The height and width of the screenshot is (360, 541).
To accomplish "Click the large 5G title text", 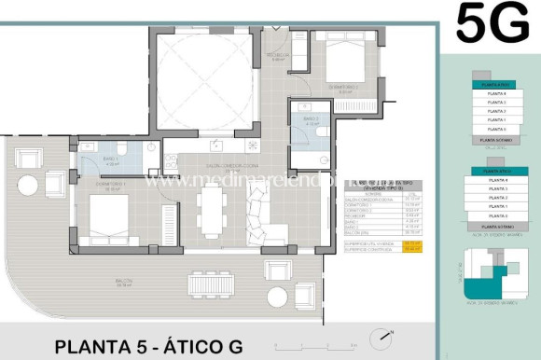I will click(x=492, y=24).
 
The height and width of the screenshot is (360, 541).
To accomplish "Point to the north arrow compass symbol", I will click(x=379, y=338).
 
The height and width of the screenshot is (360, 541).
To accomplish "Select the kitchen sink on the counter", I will click(x=216, y=145).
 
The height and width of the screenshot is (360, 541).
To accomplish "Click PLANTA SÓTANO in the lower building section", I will click(x=492, y=226).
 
